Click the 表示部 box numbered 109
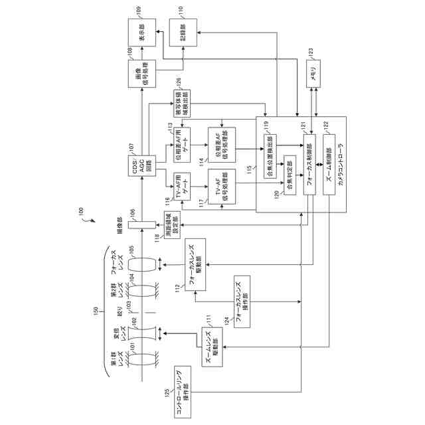click(x=142, y=33)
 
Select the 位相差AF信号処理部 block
click(x=222, y=150)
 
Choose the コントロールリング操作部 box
click(x=183, y=392)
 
